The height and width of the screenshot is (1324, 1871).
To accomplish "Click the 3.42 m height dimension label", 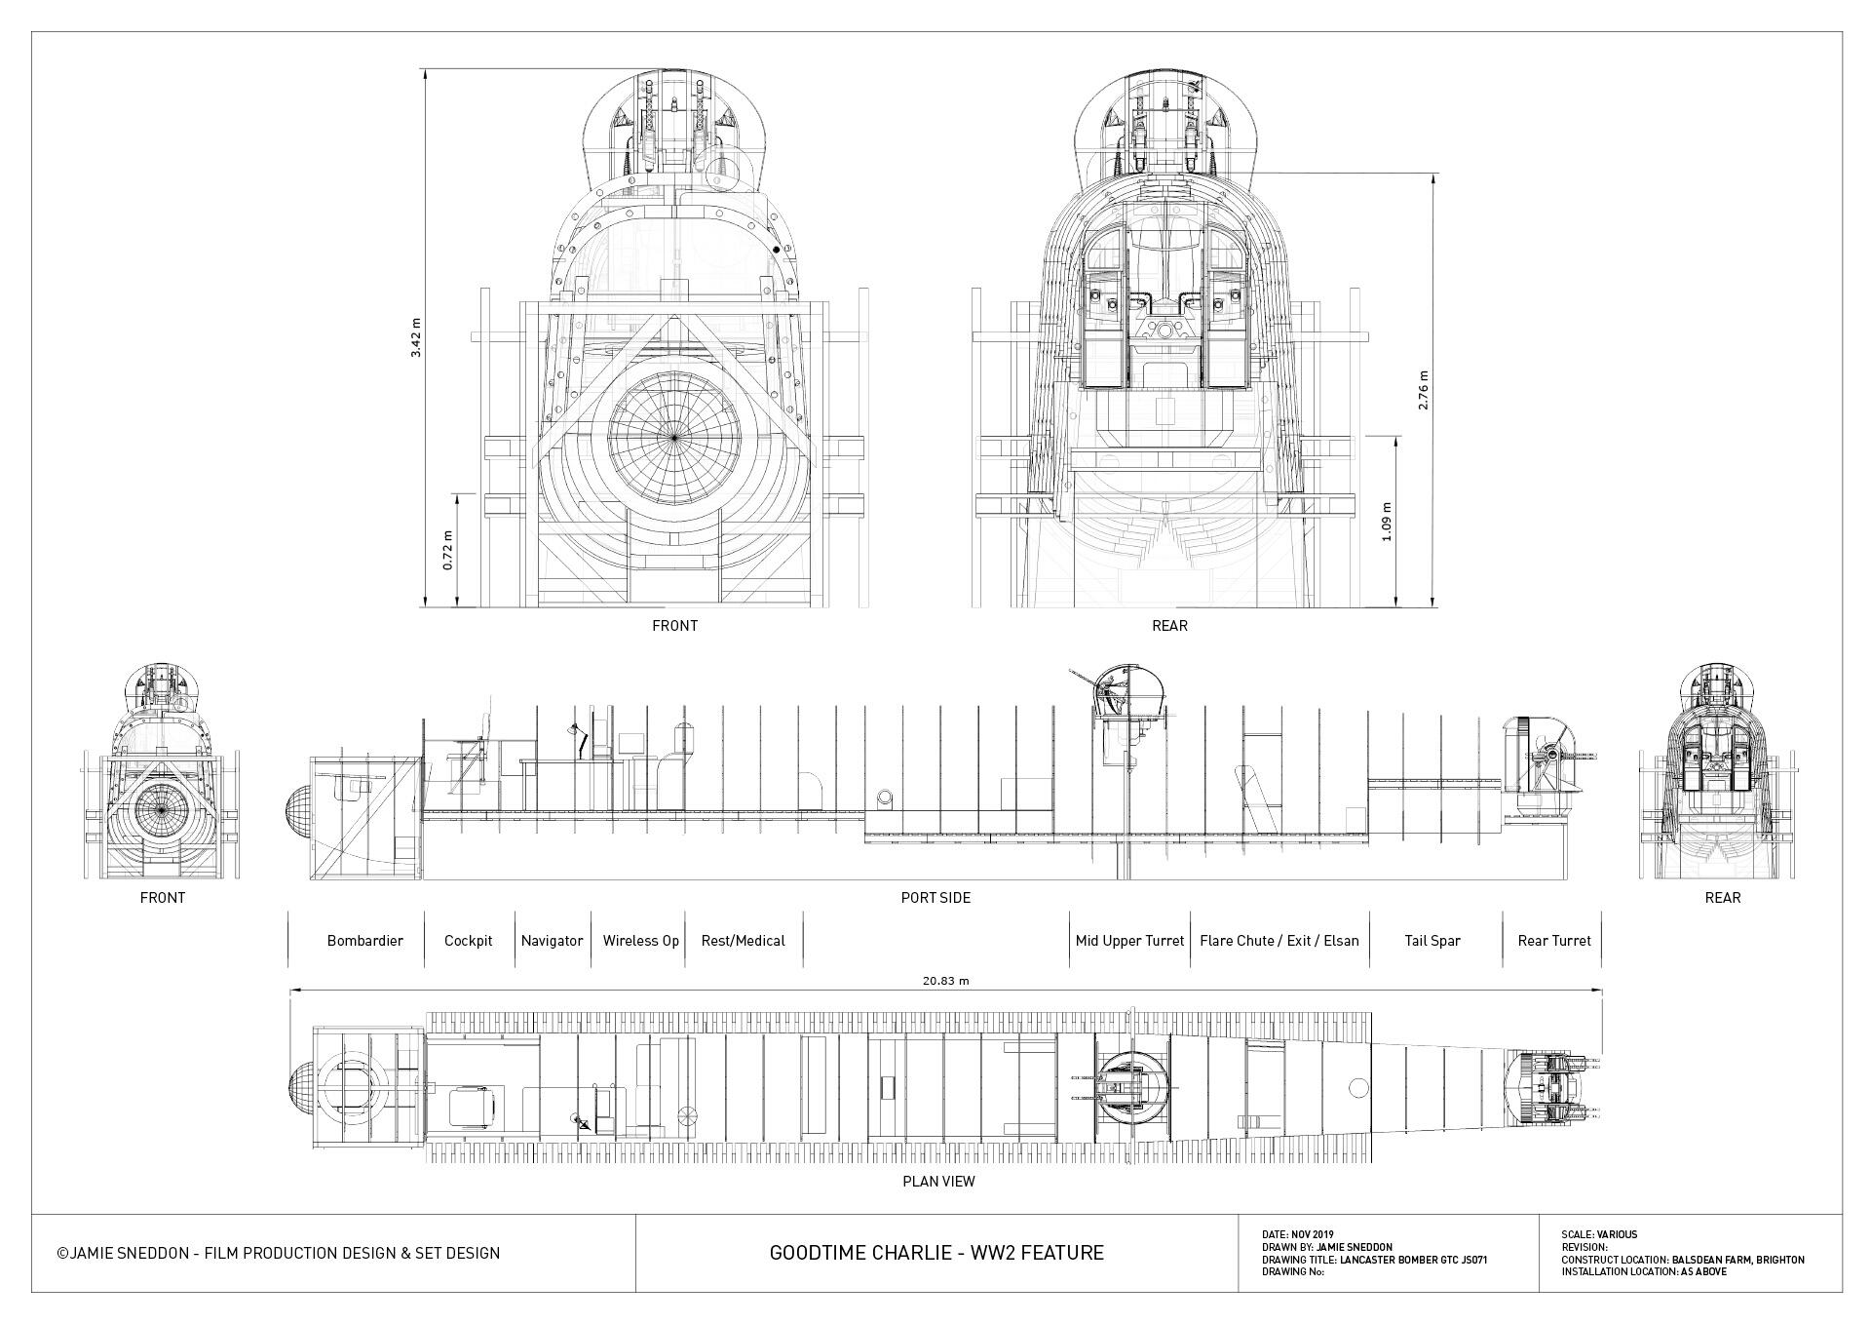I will pyautogui.click(x=416, y=337).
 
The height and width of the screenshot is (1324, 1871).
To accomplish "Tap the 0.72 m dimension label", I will pyautogui.click(x=448, y=550).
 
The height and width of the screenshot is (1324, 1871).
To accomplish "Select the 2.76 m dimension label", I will pyautogui.click(x=1424, y=389).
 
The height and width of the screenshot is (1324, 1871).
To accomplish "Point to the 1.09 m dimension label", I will pyautogui.click(x=1387, y=521).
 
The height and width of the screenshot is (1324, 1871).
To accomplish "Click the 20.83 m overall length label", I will pyautogui.click(x=945, y=981).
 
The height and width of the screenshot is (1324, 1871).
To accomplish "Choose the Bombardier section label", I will pyautogui.click(x=364, y=941).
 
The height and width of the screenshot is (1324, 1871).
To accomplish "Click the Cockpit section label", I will pyautogui.click(x=468, y=941).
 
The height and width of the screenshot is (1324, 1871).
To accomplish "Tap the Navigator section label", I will pyautogui.click(x=552, y=941).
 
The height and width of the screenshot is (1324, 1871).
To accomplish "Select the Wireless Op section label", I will pyautogui.click(x=640, y=941).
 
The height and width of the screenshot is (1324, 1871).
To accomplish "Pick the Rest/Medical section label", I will pyautogui.click(x=743, y=941).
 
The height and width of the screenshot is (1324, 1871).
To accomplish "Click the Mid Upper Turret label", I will pyautogui.click(x=1129, y=941).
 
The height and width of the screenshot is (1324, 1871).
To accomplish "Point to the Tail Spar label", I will pyautogui.click(x=1432, y=941).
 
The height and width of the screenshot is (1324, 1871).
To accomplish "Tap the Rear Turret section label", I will pyautogui.click(x=1553, y=941).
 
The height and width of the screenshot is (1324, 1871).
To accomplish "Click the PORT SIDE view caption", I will pyautogui.click(x=935, y=897).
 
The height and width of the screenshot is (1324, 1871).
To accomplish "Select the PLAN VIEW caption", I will pyautogui.click(x=938, y=1182).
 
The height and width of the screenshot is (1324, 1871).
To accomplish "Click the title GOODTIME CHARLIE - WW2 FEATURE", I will pyautogui.click(x=936, y=1253).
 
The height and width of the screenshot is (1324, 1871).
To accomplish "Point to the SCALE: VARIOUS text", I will pyautogui.click(x=1599, y=1234).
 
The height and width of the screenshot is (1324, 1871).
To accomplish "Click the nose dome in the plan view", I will pyautogui.click(x=301, y=1088).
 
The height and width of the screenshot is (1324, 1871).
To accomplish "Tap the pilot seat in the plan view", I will pyautogui.click(x=474, y=1106).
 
